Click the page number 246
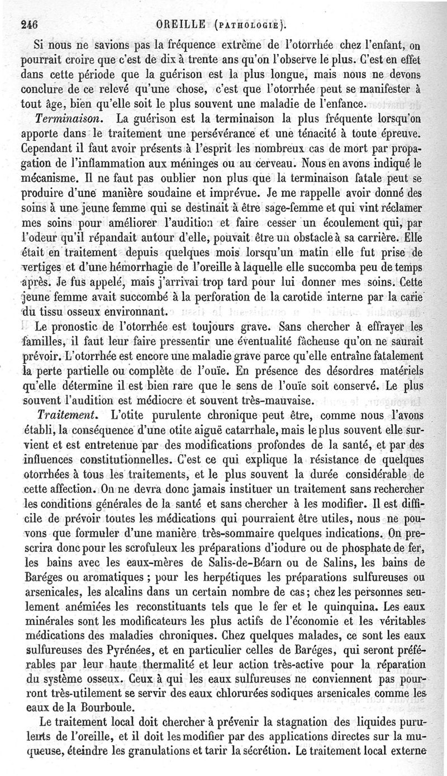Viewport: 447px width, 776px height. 27,23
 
